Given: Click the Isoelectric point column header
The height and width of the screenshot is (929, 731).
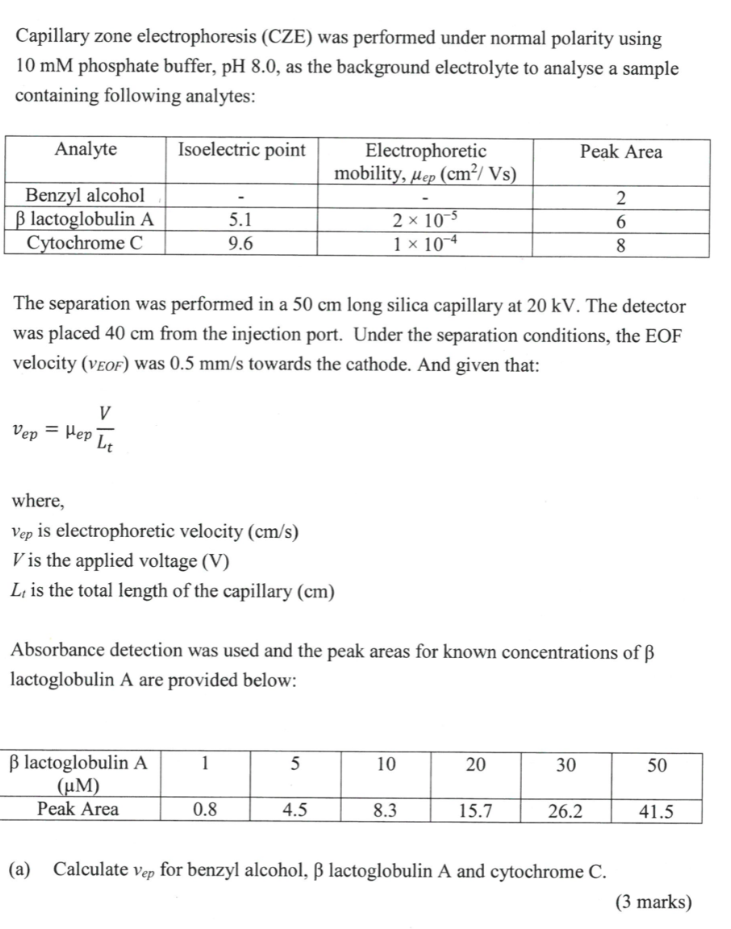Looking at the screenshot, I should coord(241,150).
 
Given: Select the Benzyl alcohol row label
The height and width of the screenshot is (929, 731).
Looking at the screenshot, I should coord(85,195).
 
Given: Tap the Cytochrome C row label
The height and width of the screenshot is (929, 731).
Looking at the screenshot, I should coord(85,243).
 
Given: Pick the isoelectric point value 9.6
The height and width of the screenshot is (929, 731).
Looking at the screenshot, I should coord(241,244).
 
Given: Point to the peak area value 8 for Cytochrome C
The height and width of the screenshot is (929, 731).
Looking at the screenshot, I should coord(620,246).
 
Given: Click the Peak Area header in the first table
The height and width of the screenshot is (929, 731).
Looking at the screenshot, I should coord(620,152).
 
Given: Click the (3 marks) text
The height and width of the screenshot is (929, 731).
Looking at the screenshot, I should coord(653,902).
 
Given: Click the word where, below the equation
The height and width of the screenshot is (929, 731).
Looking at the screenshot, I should coord(37,501).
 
